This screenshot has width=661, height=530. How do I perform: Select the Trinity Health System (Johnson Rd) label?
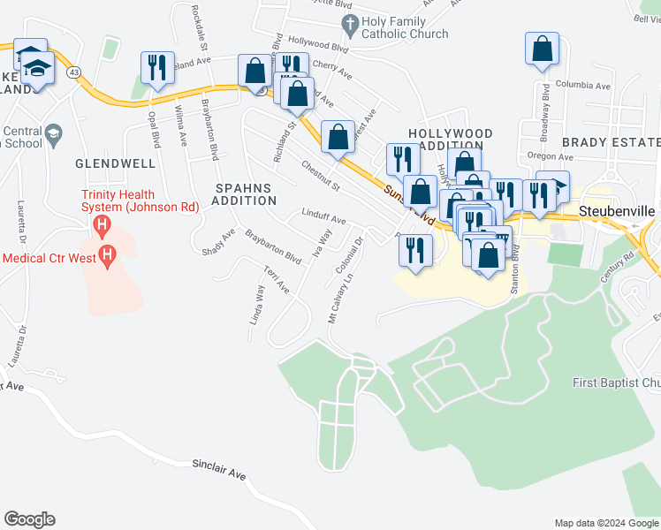click(x=130, y=201)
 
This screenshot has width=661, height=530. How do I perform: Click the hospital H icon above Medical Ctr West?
click(x=103, y=225)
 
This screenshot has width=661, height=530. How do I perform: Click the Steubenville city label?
click(x=619, y=212)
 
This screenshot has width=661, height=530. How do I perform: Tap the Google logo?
click(x=29, y=519)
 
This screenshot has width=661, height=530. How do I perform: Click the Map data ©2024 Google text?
click(x=606, y=523)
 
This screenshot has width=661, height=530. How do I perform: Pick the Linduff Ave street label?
click(x=324, y=219)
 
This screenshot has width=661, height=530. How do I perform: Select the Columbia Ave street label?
click(x=584, y=86)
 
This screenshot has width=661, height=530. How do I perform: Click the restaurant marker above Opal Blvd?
click(x=156, y=67)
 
